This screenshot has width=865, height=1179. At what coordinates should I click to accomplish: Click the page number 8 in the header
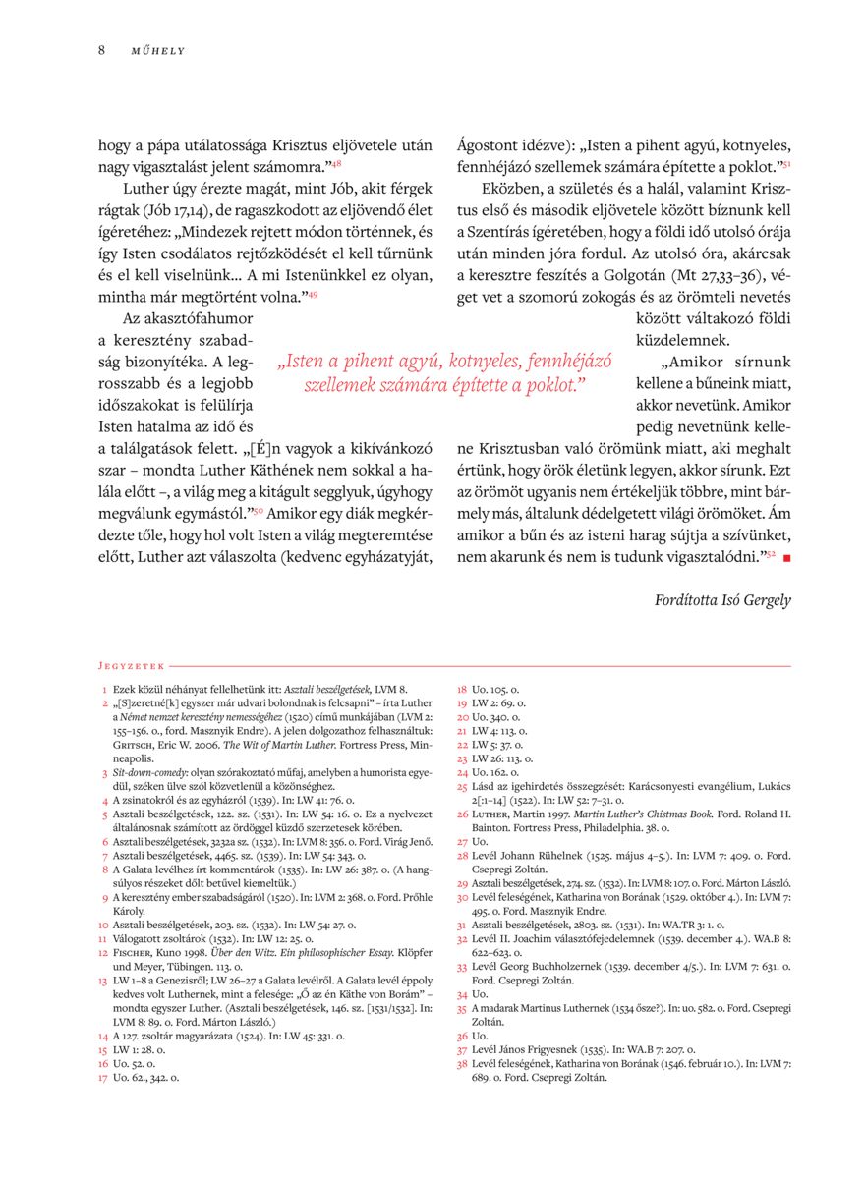pos(101,50)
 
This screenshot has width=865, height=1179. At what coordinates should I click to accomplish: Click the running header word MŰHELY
pos(158,51)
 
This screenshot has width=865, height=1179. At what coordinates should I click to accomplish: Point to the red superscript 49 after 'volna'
pos(313,294)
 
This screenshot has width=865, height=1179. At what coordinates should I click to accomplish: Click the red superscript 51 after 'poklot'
pos(786,164)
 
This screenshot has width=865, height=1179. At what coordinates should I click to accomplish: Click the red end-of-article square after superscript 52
pos(786,558)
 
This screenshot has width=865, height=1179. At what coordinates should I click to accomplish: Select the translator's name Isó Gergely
pos(758,600)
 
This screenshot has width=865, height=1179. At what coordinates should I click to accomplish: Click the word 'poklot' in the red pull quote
pos(547,385)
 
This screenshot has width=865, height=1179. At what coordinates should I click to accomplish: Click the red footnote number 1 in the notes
pos(104,690)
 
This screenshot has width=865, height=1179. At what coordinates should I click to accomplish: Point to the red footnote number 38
pos(462,1064)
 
